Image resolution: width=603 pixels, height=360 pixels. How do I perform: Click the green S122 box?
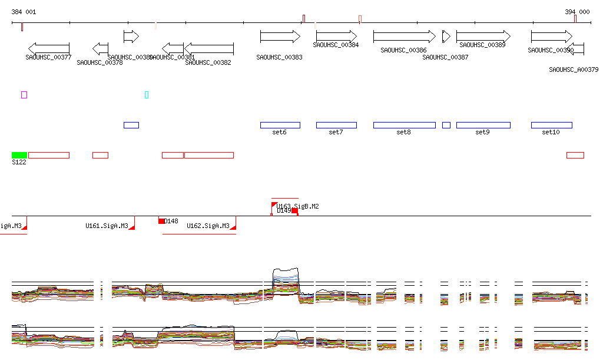(x=19, y=155)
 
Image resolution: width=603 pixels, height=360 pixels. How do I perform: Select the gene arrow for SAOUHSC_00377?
(x=49, y=48)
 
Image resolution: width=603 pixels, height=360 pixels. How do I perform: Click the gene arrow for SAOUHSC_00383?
(x=280, y=37)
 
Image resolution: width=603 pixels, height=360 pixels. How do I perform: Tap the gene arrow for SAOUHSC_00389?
(x=483, y=37)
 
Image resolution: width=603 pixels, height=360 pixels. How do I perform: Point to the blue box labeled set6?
(x=280, y=125)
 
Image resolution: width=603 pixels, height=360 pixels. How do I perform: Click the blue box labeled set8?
(x=404, y=125)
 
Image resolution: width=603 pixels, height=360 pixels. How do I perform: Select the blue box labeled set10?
(x=551, y=125)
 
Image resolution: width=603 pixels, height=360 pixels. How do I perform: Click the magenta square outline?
(x=24, y=95)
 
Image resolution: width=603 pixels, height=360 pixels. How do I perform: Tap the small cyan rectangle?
(x=147, y=95)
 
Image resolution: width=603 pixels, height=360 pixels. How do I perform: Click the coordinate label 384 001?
(x=24, y=12)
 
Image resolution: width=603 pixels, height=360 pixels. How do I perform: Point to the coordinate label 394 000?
(x=577, y=12)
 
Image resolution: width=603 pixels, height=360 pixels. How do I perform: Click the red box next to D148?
(x=161, y=221)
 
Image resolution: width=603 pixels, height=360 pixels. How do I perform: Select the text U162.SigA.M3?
(x=208, y=226)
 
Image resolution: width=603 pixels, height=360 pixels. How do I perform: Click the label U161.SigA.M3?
(x=107, y=226)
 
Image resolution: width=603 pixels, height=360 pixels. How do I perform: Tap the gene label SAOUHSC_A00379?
(x=574, y=70)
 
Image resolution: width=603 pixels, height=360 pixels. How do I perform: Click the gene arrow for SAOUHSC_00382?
(x=209, y=48)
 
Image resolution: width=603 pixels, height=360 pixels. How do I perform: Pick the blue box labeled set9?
(x=483, y=125)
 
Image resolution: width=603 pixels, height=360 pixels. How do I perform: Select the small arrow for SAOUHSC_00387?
(x=446, y=37)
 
